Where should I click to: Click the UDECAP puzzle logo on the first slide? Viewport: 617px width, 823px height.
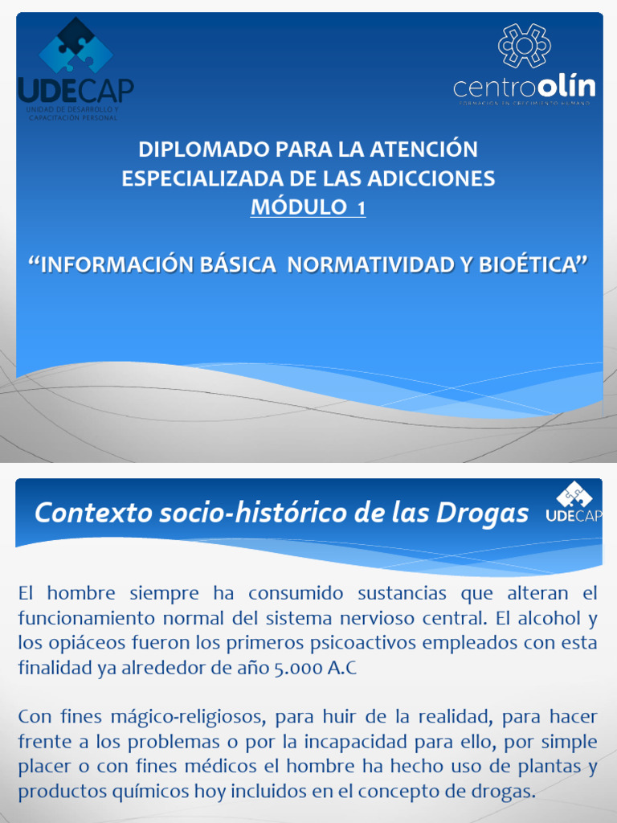76,48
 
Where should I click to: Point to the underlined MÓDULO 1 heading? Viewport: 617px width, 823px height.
308,207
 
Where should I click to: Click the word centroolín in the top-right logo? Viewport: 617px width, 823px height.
524,86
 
